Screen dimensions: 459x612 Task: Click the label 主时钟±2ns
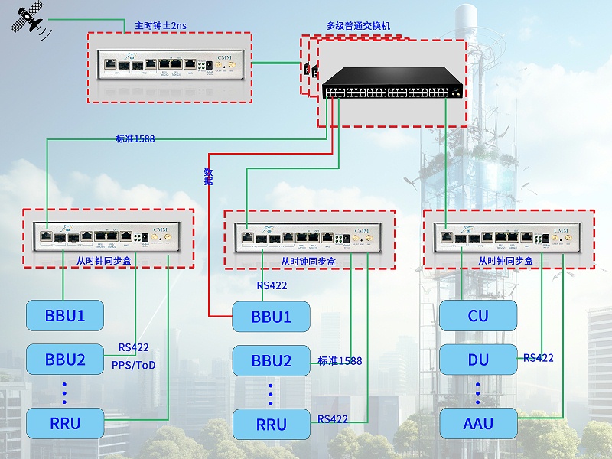(160, 25)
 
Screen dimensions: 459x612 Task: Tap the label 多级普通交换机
(358, 25)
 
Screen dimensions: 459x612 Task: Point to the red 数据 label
(208, 176)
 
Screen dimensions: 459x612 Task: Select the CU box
(478, 316)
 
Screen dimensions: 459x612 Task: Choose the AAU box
(478, 423)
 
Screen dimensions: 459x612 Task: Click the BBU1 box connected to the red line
(271, 317)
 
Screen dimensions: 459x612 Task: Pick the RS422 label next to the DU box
(539, 358)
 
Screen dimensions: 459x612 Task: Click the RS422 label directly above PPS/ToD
(134, 347)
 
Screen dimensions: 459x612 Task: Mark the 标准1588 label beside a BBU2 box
(340, 360)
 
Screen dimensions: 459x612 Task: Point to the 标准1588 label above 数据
(135, 138)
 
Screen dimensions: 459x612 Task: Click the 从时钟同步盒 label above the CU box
(508, 261)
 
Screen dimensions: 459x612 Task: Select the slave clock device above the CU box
(508, 237)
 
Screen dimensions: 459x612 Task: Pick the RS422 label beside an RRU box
(333, 419)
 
